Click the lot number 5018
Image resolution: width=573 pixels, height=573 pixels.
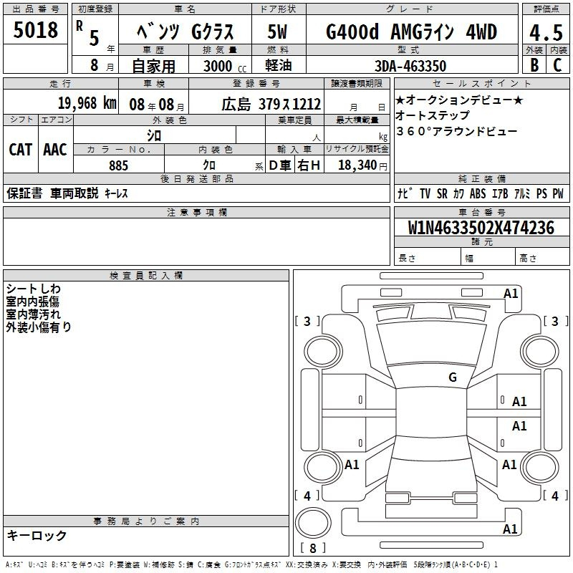(35, 30)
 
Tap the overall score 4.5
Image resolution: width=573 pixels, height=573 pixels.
(546, 32)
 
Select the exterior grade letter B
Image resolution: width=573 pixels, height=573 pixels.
(534, 64)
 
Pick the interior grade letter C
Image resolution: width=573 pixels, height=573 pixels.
(557, 64)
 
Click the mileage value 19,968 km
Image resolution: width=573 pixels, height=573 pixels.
(87, 103)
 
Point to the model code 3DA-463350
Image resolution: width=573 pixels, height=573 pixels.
(410, 66)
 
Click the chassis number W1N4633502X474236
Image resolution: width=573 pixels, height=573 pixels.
(481, 228)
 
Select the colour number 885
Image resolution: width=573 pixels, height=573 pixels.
(118, 165)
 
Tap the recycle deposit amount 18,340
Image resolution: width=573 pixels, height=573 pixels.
(357, 165)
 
